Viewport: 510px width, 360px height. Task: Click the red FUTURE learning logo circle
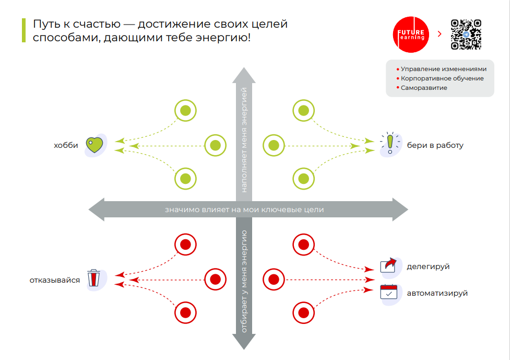[x=411, y=34]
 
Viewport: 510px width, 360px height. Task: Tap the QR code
[x=466, y=34]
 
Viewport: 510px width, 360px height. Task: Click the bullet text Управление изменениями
[x=443, y=69]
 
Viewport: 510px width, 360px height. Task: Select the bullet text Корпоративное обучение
[x=442, y=78]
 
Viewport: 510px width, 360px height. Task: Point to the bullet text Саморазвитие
[x=424, y=88]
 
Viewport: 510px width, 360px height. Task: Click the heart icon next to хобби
[x=94, y=145]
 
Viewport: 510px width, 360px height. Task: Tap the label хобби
[x=66, y=145]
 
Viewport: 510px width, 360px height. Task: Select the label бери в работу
[x=435, y=145]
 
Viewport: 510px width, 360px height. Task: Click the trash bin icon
[x=94, y=278]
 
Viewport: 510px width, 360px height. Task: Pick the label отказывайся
[x=55, y=280]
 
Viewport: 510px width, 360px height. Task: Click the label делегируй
[x=428, y=266]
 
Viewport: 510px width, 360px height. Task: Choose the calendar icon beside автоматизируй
[x=388, y=292]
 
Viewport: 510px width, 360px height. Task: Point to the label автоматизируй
[x=437, y=293]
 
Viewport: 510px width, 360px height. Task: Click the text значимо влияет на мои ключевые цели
[x=244, y=210]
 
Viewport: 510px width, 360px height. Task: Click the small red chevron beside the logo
[x=439, y=34]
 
